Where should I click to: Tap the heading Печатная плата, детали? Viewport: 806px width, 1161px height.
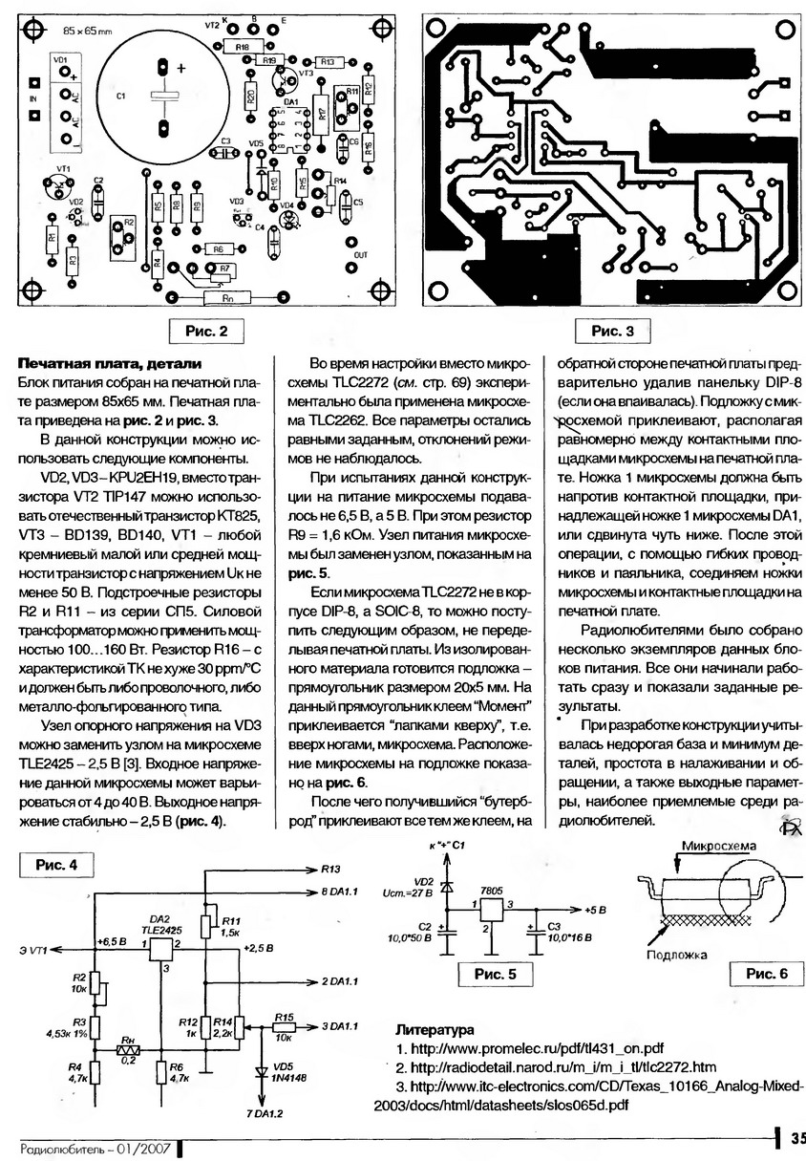110,364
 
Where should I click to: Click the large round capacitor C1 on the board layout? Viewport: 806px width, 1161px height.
162,96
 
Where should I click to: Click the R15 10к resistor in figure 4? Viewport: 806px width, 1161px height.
283,1025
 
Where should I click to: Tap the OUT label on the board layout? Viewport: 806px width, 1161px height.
359,256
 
